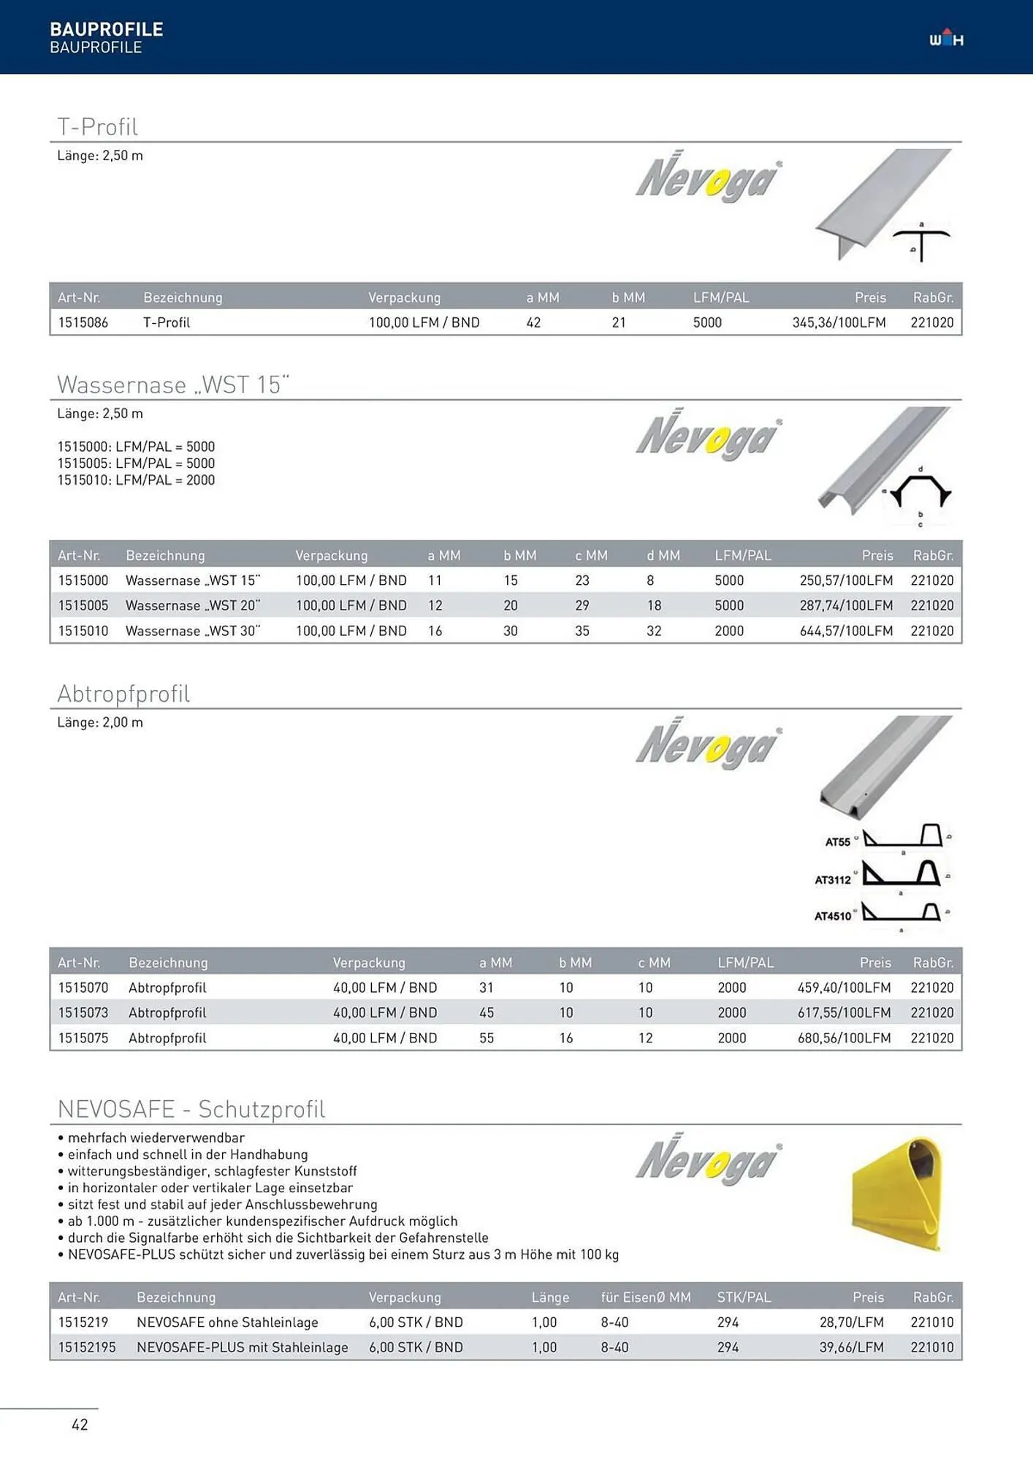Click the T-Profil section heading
(97, 126)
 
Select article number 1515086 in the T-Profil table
(83, 322)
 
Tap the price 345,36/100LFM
(839, 322)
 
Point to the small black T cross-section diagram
(921, 243)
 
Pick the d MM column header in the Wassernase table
(663, 556)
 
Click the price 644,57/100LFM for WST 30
(845, 631)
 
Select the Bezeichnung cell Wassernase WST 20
(193, 605)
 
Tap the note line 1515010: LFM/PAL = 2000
(136, 480)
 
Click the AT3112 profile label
(833, 879)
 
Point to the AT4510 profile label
(833, 916)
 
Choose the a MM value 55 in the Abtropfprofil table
(487, 1038)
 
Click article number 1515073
(83, 1012)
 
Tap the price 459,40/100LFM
(844, 988)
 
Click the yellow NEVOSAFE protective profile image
(898, 1193)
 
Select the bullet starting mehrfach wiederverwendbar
(156, 1137)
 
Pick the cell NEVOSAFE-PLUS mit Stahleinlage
(242, 1347)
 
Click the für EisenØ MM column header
(645, 1298)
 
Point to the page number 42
(80, 1424)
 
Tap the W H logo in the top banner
(946, 38)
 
